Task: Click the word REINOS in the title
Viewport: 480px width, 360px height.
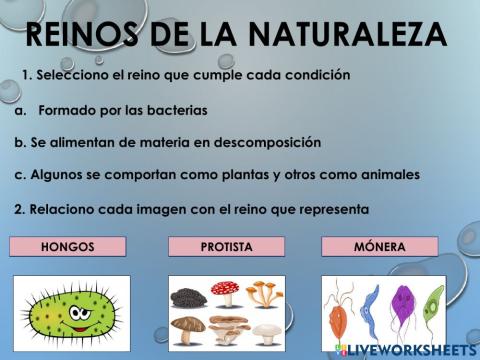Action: coord(82,34)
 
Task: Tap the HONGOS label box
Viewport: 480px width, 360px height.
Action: coord(68,246)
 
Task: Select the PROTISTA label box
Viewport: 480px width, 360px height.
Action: coord(227,246)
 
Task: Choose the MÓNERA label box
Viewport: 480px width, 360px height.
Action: coord(380,246)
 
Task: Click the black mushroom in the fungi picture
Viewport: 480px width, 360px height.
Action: coord(187,297)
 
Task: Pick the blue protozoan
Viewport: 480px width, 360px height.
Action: coord(372,305)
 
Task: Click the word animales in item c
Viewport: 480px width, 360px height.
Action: coord(386,175)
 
